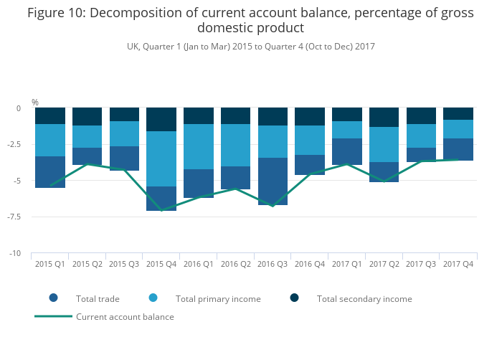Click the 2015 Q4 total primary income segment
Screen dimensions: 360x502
[161, 158]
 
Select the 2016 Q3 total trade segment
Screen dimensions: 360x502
[273, 181]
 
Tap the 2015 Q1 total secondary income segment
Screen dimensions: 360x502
[50, 115]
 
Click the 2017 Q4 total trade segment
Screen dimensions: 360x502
[458, 149]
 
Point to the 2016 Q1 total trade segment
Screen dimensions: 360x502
[199, 183]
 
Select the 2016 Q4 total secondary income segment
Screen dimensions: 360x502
[310, 116]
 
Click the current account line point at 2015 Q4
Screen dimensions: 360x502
[161, 210]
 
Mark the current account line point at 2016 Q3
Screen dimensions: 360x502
[273, 206]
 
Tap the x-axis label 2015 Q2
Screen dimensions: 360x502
[87, 265]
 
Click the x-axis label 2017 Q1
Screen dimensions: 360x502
[347, 265]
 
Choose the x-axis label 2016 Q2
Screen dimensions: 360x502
[236, 265]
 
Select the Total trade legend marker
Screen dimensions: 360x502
[53, 298]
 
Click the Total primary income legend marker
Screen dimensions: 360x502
[153, 298]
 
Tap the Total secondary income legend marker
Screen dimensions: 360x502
[294, 298]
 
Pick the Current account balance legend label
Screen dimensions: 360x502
[125, 316]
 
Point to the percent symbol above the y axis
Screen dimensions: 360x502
[35, 103]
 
